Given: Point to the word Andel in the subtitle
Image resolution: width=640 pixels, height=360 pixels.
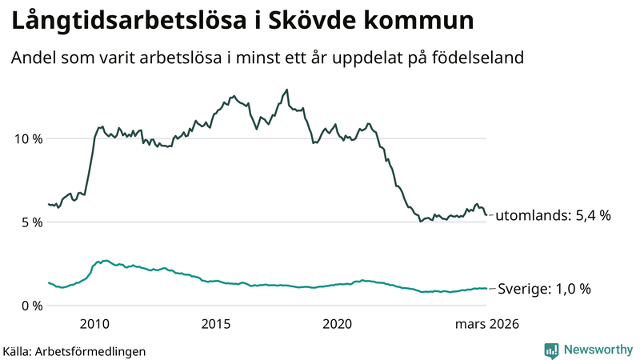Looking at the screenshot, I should (x=33, y=58).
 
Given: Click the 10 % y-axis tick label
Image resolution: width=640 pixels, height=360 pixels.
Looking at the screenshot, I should (x=26, y=138).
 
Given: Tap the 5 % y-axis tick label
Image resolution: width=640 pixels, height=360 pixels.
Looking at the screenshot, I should (x=30, y=222).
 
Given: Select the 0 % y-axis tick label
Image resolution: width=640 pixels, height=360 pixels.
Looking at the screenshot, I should (x=30, y=306).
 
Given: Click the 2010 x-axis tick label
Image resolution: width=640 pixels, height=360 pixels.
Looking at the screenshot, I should (x=94, y=324).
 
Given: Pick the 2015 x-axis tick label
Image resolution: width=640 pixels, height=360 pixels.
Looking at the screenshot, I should (x=216, y=324).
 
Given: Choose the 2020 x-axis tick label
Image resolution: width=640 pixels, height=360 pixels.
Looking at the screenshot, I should (x=337, y=324).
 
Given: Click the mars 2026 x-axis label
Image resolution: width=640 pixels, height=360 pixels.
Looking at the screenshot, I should (x=487, y=324).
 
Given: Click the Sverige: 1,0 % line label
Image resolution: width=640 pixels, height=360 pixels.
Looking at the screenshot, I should (x=544, y=289).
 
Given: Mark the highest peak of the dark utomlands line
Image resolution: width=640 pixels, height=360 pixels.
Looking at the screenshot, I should (x=286, y=90).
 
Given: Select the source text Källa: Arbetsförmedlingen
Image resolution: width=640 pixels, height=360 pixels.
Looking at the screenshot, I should (x=75, y=350).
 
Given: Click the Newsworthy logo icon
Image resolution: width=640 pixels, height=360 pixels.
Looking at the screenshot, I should (x=551, y=350).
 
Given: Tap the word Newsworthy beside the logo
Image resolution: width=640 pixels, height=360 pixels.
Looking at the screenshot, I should (x=598, y=350).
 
